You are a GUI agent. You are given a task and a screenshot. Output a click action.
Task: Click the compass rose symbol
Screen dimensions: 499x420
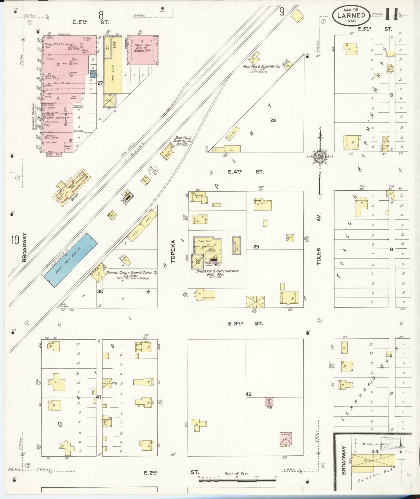[320, 157]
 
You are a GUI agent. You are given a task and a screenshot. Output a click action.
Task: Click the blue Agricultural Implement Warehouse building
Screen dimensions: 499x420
[71, 259]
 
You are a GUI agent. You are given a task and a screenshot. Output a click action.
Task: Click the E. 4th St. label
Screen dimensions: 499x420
[245, 172]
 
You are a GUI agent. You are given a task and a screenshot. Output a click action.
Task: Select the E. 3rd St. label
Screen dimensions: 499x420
[245, 323]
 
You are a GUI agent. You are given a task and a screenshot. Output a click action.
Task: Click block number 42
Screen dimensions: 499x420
[248, 394]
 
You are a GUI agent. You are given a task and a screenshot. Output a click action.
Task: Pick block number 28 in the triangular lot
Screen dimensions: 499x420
[273, 120]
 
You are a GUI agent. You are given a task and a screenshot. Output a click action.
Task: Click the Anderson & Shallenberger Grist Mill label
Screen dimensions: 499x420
[217, 272]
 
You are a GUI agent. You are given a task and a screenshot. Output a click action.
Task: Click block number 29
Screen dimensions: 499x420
[256, 247]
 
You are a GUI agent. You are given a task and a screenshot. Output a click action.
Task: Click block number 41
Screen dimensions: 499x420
[99, 397]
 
